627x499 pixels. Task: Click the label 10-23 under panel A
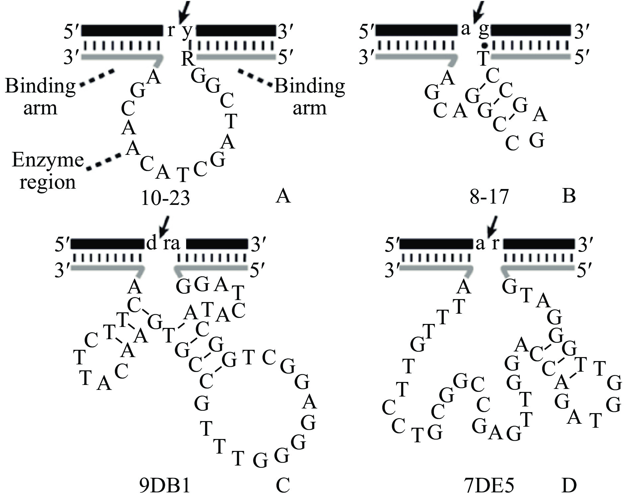tap(165, 198)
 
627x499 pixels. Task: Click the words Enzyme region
tap(48, 171)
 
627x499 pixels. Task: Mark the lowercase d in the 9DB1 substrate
tap(151, 244)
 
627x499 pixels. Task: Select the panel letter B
tap(569, 196)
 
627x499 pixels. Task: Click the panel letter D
tap(569, 486)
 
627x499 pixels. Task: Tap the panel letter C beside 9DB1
tap(283, 486)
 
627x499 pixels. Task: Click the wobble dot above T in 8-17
tap(485, 45)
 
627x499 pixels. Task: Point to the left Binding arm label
tap(40, 97)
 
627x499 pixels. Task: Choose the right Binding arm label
tap(310, 97)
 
